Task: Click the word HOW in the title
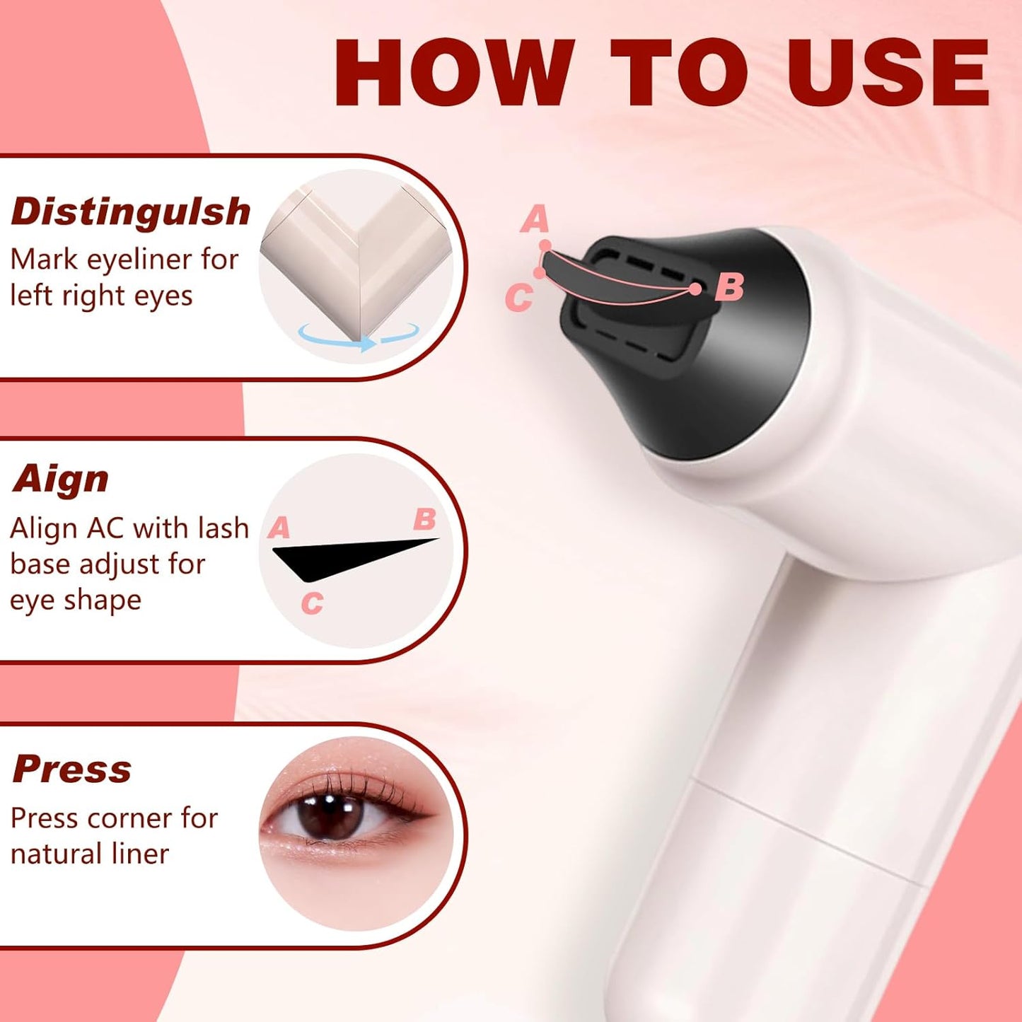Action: click(453, 73)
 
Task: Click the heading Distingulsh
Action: click(131, 211)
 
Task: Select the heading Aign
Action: click(61, 480)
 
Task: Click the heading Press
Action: click(72, 769)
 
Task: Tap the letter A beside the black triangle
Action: click(279, 528)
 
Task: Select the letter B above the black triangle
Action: click(424, 519)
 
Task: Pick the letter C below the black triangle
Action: click(312, 603)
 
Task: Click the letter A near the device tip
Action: click(535, 219)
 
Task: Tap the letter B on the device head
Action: click(729, 287)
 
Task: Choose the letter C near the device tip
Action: click(518, 298)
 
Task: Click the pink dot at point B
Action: click(695, 289)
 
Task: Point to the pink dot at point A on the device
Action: click(545, 245)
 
